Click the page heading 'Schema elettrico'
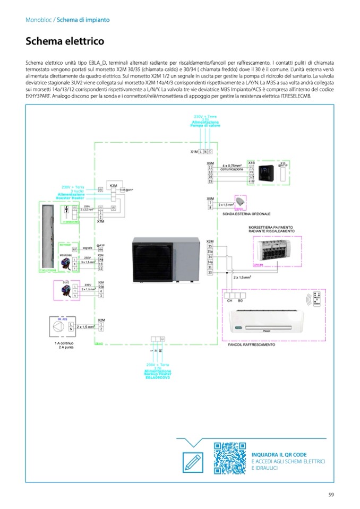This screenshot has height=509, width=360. [x=65, y=41]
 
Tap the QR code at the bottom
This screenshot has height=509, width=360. [x=230, y=458]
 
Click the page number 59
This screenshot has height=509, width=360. [x=331, y=495]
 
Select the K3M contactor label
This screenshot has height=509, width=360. [x=113, y=185]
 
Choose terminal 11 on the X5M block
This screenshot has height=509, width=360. [x=210, y=168]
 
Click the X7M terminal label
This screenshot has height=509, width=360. [x=100, y=221]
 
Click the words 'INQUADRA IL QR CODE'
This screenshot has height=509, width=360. [x=279, y=454]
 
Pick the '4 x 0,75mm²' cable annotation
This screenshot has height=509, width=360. [x=232, y=166]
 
